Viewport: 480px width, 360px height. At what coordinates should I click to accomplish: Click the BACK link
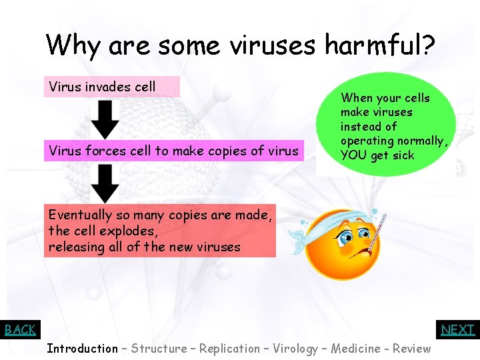[20, 329]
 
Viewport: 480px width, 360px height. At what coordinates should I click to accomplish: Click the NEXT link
[458, 329]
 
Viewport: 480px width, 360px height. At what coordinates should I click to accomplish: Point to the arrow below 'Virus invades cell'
[105, 119]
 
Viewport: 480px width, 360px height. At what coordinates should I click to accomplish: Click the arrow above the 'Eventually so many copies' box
[105, 183]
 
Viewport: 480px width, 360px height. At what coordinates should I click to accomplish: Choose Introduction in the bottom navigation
[82, 349]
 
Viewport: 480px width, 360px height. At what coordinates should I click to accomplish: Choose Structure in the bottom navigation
[159, 349]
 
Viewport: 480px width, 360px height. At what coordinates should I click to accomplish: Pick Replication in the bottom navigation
[229, 349]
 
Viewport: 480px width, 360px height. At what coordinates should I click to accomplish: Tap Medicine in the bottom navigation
[361, 349]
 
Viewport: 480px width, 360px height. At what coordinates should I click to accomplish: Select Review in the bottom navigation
[411, 349]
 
